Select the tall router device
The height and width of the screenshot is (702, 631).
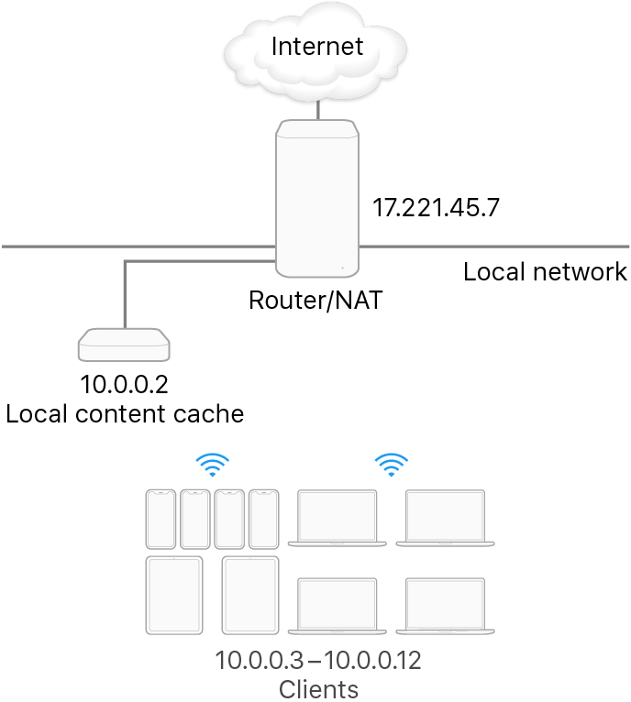coord(316,197)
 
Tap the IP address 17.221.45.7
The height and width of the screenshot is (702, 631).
coord(436,208)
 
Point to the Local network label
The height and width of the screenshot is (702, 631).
coord(545,271)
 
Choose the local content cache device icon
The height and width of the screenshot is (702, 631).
coord(125,345)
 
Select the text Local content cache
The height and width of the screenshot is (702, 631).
coord(125,414)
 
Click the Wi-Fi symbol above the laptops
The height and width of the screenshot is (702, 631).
coord(393,466)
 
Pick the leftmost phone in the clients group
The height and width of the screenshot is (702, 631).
coord(160,519)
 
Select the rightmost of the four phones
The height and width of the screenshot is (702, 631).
coord(262,519)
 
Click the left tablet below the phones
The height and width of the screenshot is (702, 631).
coord(173,596)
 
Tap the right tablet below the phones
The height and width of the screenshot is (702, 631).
coord(250,596)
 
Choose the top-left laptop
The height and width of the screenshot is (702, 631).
coord(338,519)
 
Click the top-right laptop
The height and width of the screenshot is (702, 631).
coord(446,519)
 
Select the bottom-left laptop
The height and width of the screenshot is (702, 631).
coord(338,606)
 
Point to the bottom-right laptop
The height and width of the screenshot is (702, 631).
coord(446,606)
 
